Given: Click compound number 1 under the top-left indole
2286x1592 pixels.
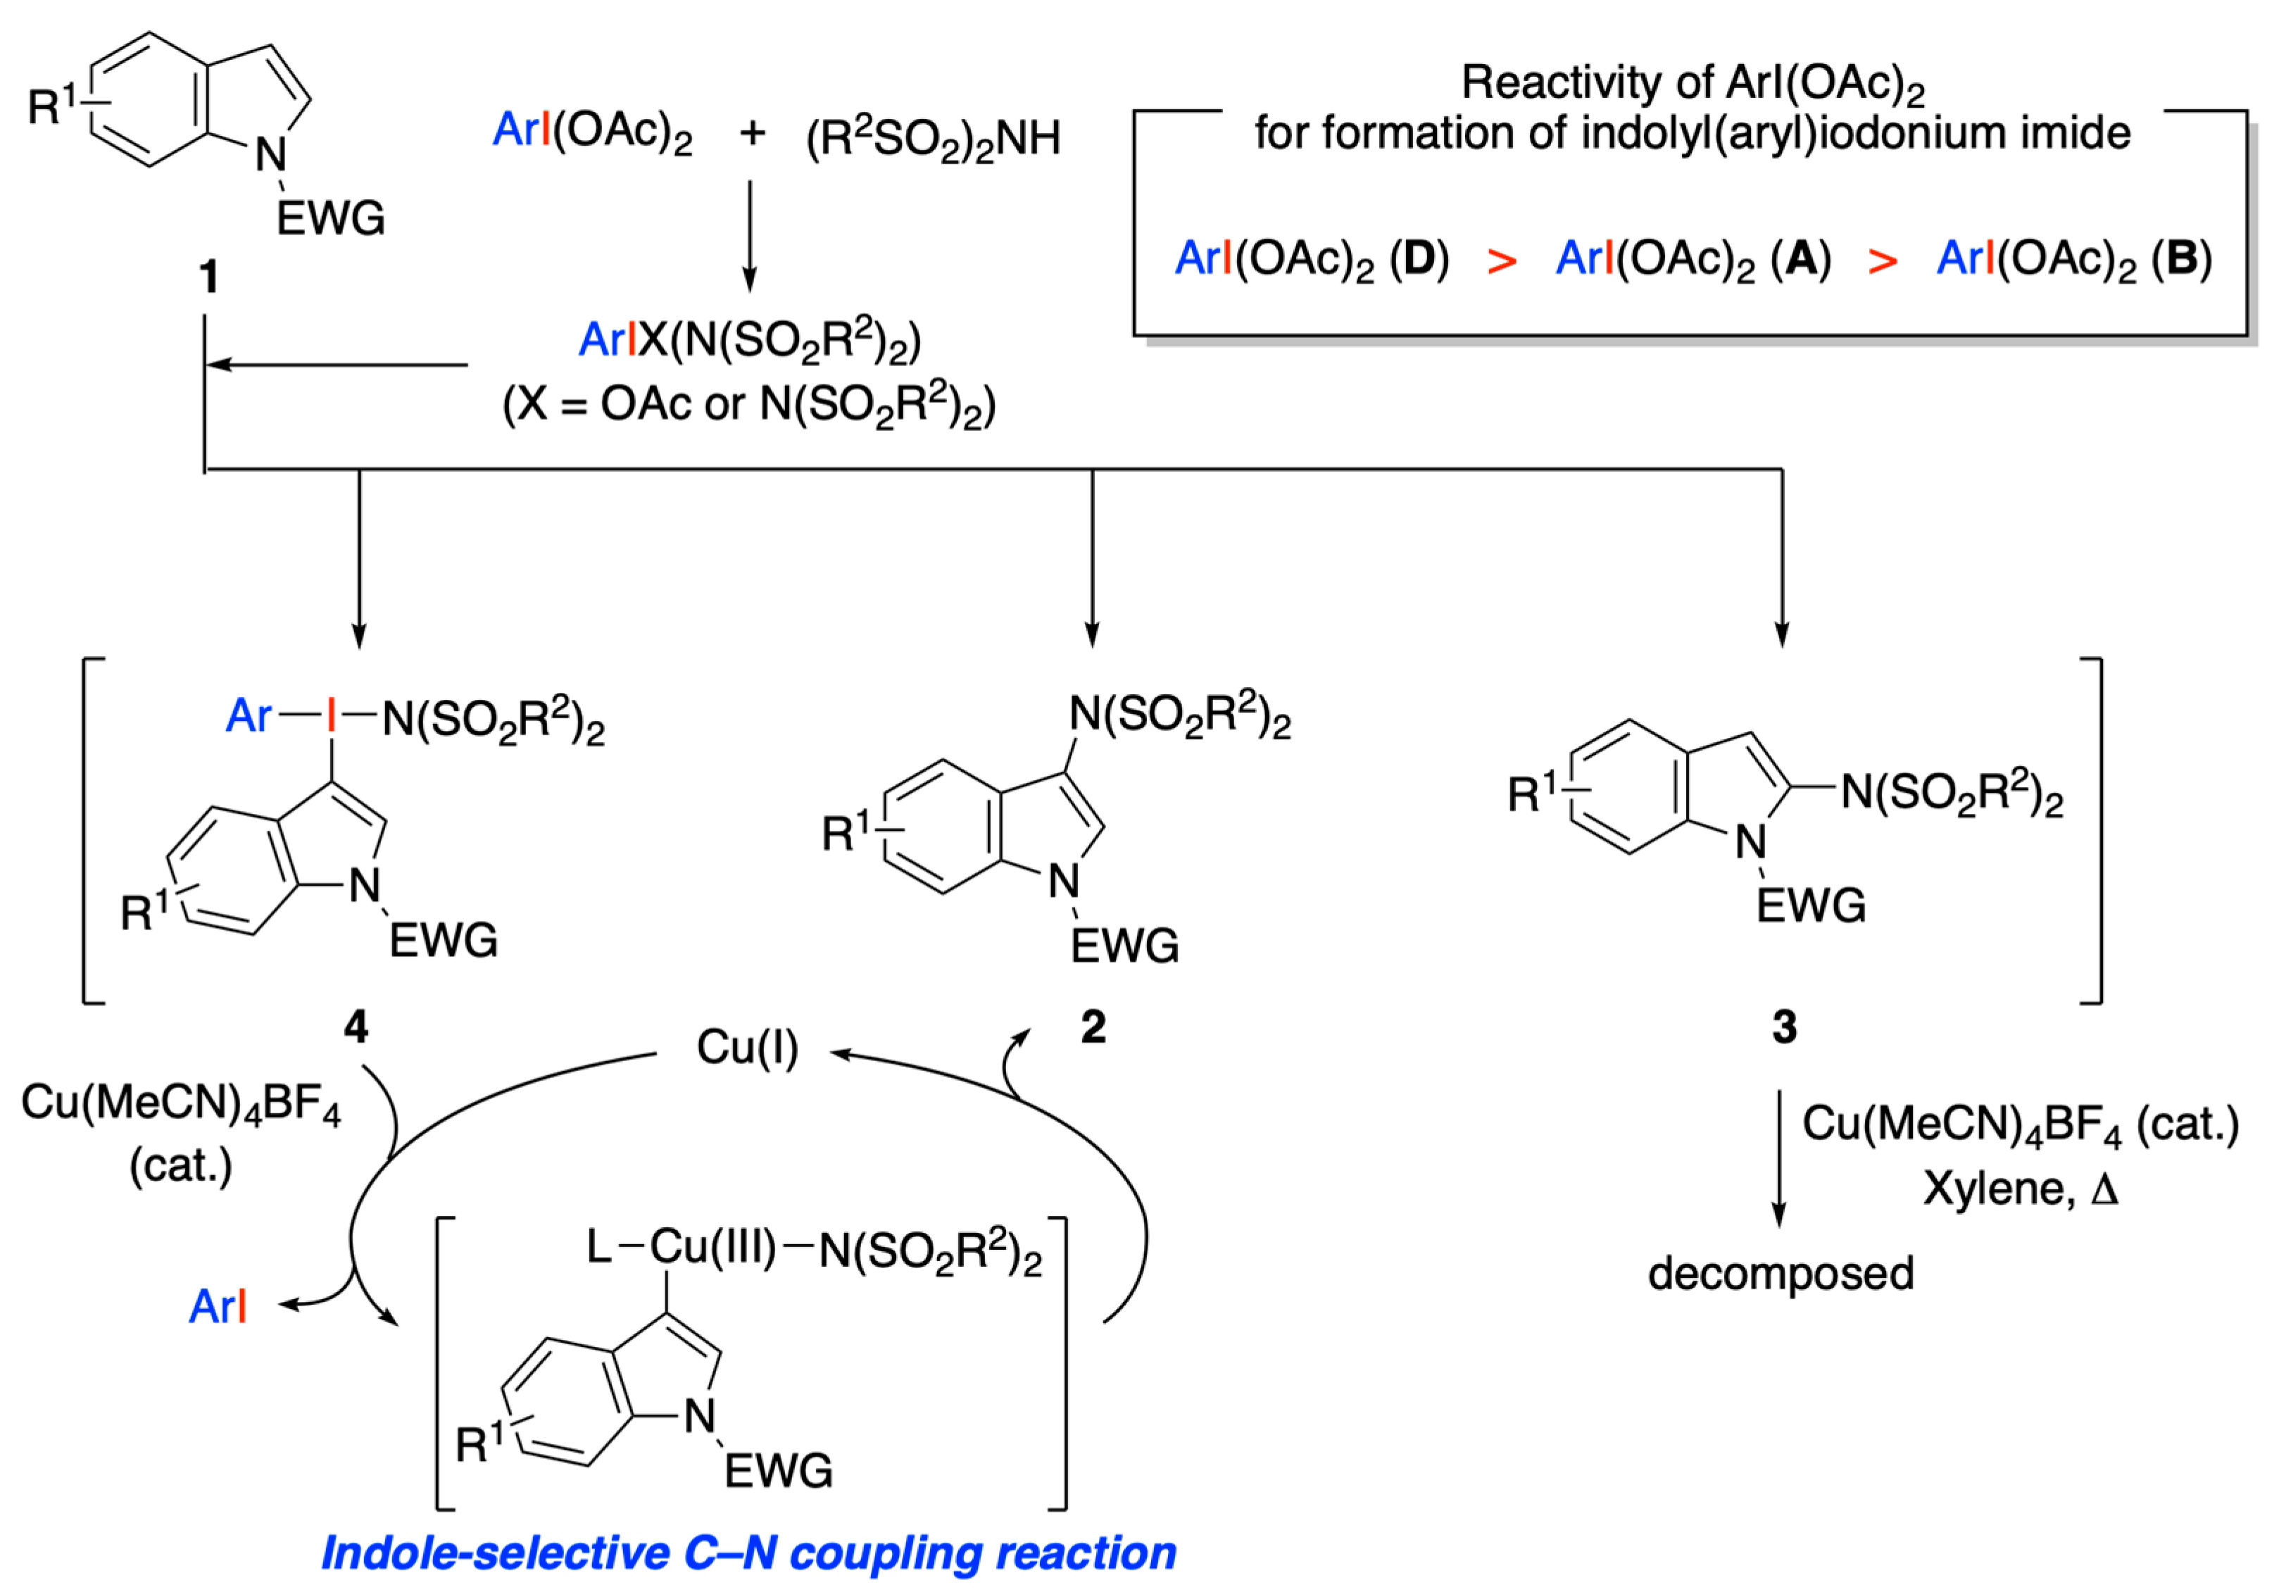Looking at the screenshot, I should [x=208, y=276].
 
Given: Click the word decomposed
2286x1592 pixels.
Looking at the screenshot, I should [x=1781, y=1274].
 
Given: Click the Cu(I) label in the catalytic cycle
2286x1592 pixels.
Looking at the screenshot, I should [x=747, y=1048].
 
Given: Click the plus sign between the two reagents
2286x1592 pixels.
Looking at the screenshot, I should [x=753, y=132].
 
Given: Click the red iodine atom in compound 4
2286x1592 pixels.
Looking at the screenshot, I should [x=332, y=715].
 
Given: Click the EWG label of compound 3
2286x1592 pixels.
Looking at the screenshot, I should [x=1810, y=906].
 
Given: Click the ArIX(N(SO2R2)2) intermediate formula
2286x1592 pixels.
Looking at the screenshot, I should [x=750, y=341].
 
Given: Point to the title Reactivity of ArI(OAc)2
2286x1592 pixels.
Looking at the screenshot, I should [x=1692, y=84].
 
